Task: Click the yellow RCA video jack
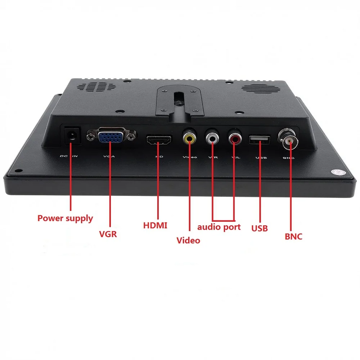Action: pos(189,138)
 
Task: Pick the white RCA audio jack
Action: pos(212,137)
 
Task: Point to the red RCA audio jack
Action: pos(234,138)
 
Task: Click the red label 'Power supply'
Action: pos(65,218)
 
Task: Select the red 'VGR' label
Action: pos(108,234)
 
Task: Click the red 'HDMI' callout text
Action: pos(155,226)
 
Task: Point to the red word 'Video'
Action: pos(188,240)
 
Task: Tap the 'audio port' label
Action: pos(219,227)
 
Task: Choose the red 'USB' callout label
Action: pos(260,228)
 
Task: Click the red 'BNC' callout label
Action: pos(293,237)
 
